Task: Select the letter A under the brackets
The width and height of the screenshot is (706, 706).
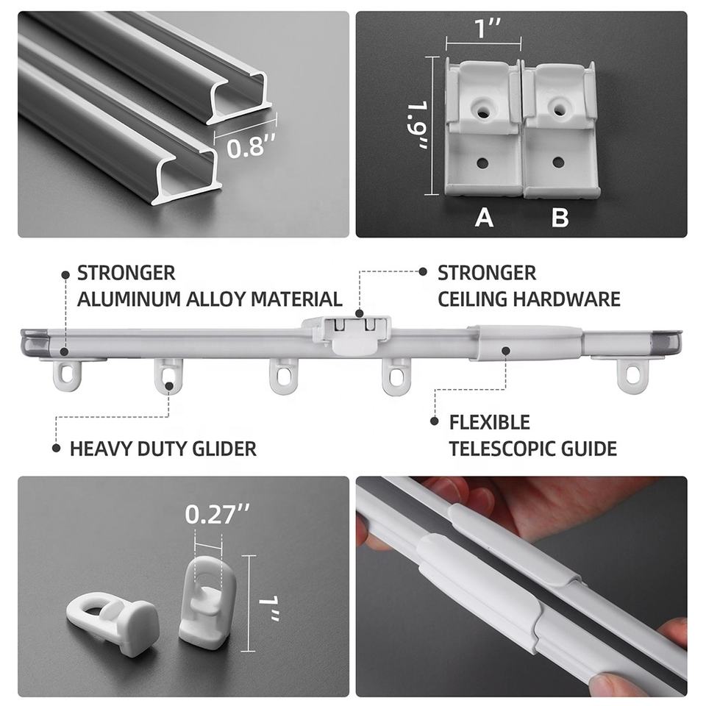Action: (484, 218)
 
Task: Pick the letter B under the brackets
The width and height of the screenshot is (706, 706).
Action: (560, 218)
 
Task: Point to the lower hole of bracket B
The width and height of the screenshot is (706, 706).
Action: (558, 163)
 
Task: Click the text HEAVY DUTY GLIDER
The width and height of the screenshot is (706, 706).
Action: (163, 449)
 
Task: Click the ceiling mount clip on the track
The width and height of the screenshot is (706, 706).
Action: (346, 333)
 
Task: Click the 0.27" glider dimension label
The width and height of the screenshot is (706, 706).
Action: (217, 514)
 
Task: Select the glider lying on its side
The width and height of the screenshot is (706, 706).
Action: (112, 619)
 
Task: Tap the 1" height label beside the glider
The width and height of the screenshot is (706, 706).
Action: (269, 608)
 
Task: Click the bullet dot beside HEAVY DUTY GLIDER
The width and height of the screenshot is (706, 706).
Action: (57, 448)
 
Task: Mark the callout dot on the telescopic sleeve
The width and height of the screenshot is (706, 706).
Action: (506, 350)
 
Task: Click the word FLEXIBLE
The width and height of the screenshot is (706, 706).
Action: (490, 422)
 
